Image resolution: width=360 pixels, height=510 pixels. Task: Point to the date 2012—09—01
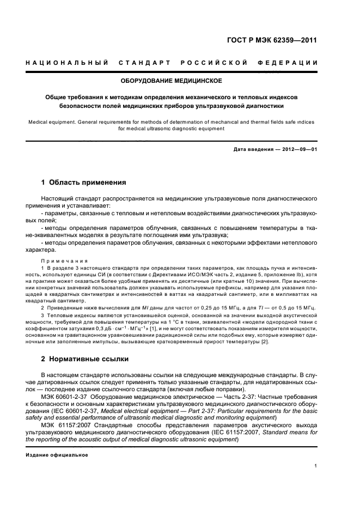pyautogui.click(x=298, y=149)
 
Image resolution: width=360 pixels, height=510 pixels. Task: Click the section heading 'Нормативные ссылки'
pyautogui.click(x=90, y=359)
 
